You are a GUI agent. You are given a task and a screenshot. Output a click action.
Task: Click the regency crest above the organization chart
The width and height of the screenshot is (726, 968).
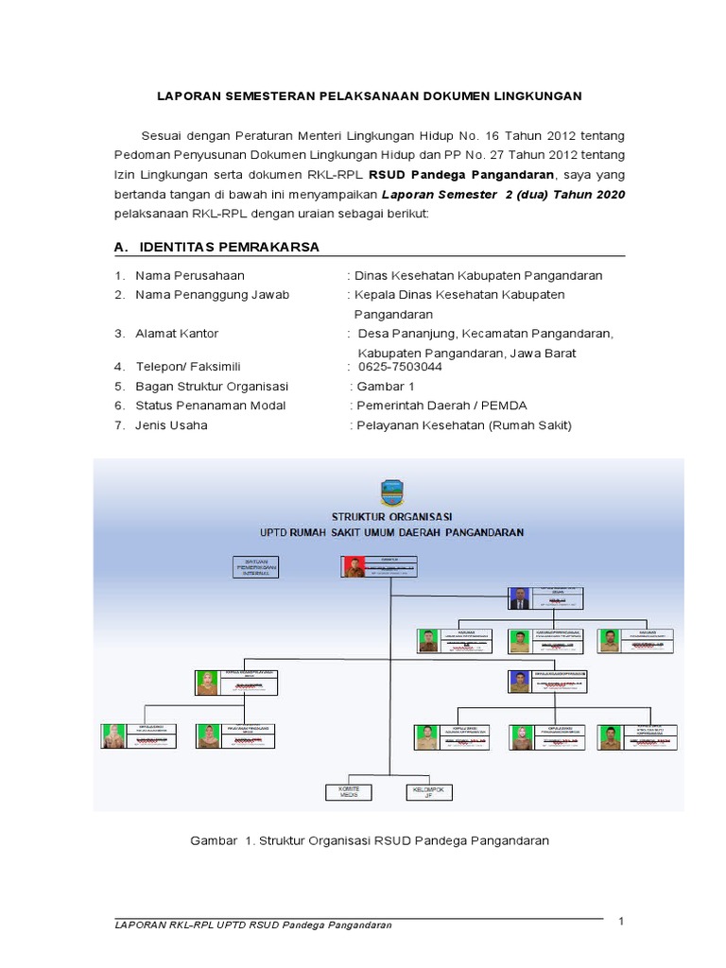(x=391, y=492)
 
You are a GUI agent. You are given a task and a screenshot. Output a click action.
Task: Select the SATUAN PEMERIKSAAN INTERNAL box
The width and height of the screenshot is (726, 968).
(x=257, y=566)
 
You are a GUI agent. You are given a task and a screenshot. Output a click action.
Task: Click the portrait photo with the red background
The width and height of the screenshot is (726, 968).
(x=353, y=567)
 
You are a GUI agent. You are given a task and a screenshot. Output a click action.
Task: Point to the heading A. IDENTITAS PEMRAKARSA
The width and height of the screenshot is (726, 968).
(x=216, y=247)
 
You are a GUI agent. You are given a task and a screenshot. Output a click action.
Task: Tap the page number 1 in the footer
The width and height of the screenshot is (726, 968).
(x=622, y=921)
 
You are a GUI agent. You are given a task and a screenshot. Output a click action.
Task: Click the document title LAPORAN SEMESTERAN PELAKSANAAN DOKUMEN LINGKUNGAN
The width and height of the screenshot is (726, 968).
(x=369, y=95)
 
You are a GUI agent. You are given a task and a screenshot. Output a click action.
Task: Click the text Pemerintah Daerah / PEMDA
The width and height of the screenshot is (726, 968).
(x=441, y=406)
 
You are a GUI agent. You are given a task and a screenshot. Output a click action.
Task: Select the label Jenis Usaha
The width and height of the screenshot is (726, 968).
(x=171, y=425)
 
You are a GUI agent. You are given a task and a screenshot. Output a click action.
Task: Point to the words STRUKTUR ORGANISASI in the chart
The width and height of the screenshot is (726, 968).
(x=391, y=516)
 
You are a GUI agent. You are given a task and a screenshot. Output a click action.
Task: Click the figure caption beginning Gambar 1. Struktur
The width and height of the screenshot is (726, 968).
(x=370, y=839)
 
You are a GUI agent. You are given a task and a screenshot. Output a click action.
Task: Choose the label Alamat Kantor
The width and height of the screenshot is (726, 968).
(x=177, y=334)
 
